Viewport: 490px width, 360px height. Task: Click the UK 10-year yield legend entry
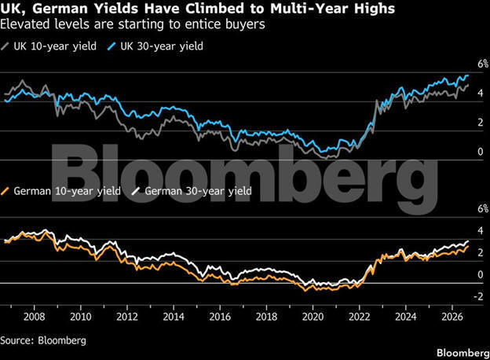[49, 46]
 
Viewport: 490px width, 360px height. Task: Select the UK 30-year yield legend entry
[155, 46]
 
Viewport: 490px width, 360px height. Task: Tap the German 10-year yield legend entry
[60, 191]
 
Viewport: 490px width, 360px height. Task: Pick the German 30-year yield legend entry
[192, 191]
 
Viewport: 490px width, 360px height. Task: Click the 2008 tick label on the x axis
[35, 317]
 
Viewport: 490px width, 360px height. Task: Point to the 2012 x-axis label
[127, 317]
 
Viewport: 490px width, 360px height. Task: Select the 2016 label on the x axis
[220, 317]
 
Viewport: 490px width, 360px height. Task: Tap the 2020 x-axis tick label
[313, 317]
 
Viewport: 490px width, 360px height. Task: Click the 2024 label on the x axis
[406, 317]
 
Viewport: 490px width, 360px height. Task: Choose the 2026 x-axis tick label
[452, 317]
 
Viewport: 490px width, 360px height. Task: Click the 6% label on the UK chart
[483, 64]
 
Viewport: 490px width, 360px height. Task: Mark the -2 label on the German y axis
[479, 296]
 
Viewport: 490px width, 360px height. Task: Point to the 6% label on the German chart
[483, 208]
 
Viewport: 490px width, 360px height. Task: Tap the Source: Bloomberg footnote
[43, 340]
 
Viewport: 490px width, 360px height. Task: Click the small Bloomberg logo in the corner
[463, 353]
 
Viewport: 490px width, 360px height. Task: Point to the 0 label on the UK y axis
[481, 152]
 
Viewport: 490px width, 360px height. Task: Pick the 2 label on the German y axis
[481, 252]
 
